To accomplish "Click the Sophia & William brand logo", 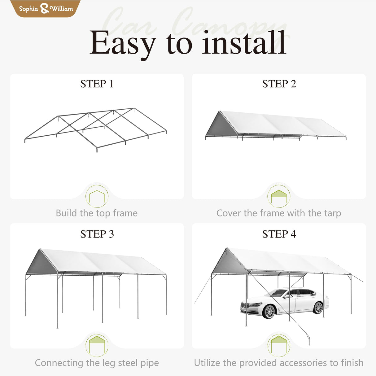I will pos(46,8).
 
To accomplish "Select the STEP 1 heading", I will pos(97,84).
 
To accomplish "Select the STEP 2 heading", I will pos(279,84).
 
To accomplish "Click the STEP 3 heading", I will pos(97,234).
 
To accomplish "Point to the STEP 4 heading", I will pos(279,234).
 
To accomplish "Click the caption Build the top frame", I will pos(97,213).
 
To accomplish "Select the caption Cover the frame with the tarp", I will pos(279,213).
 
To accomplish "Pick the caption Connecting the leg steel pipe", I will pos(97,363).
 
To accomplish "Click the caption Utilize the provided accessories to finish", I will pos(279,363).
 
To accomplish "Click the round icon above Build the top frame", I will pos(97,196).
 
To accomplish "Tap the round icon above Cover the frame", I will pos(279,196).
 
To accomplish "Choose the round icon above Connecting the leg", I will pos(97,346).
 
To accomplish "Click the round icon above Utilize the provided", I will pos(279,346).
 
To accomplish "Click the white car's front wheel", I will pos(269,311).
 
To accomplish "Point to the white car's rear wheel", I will pos(318,308).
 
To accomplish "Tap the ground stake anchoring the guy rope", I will pos(309,341).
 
